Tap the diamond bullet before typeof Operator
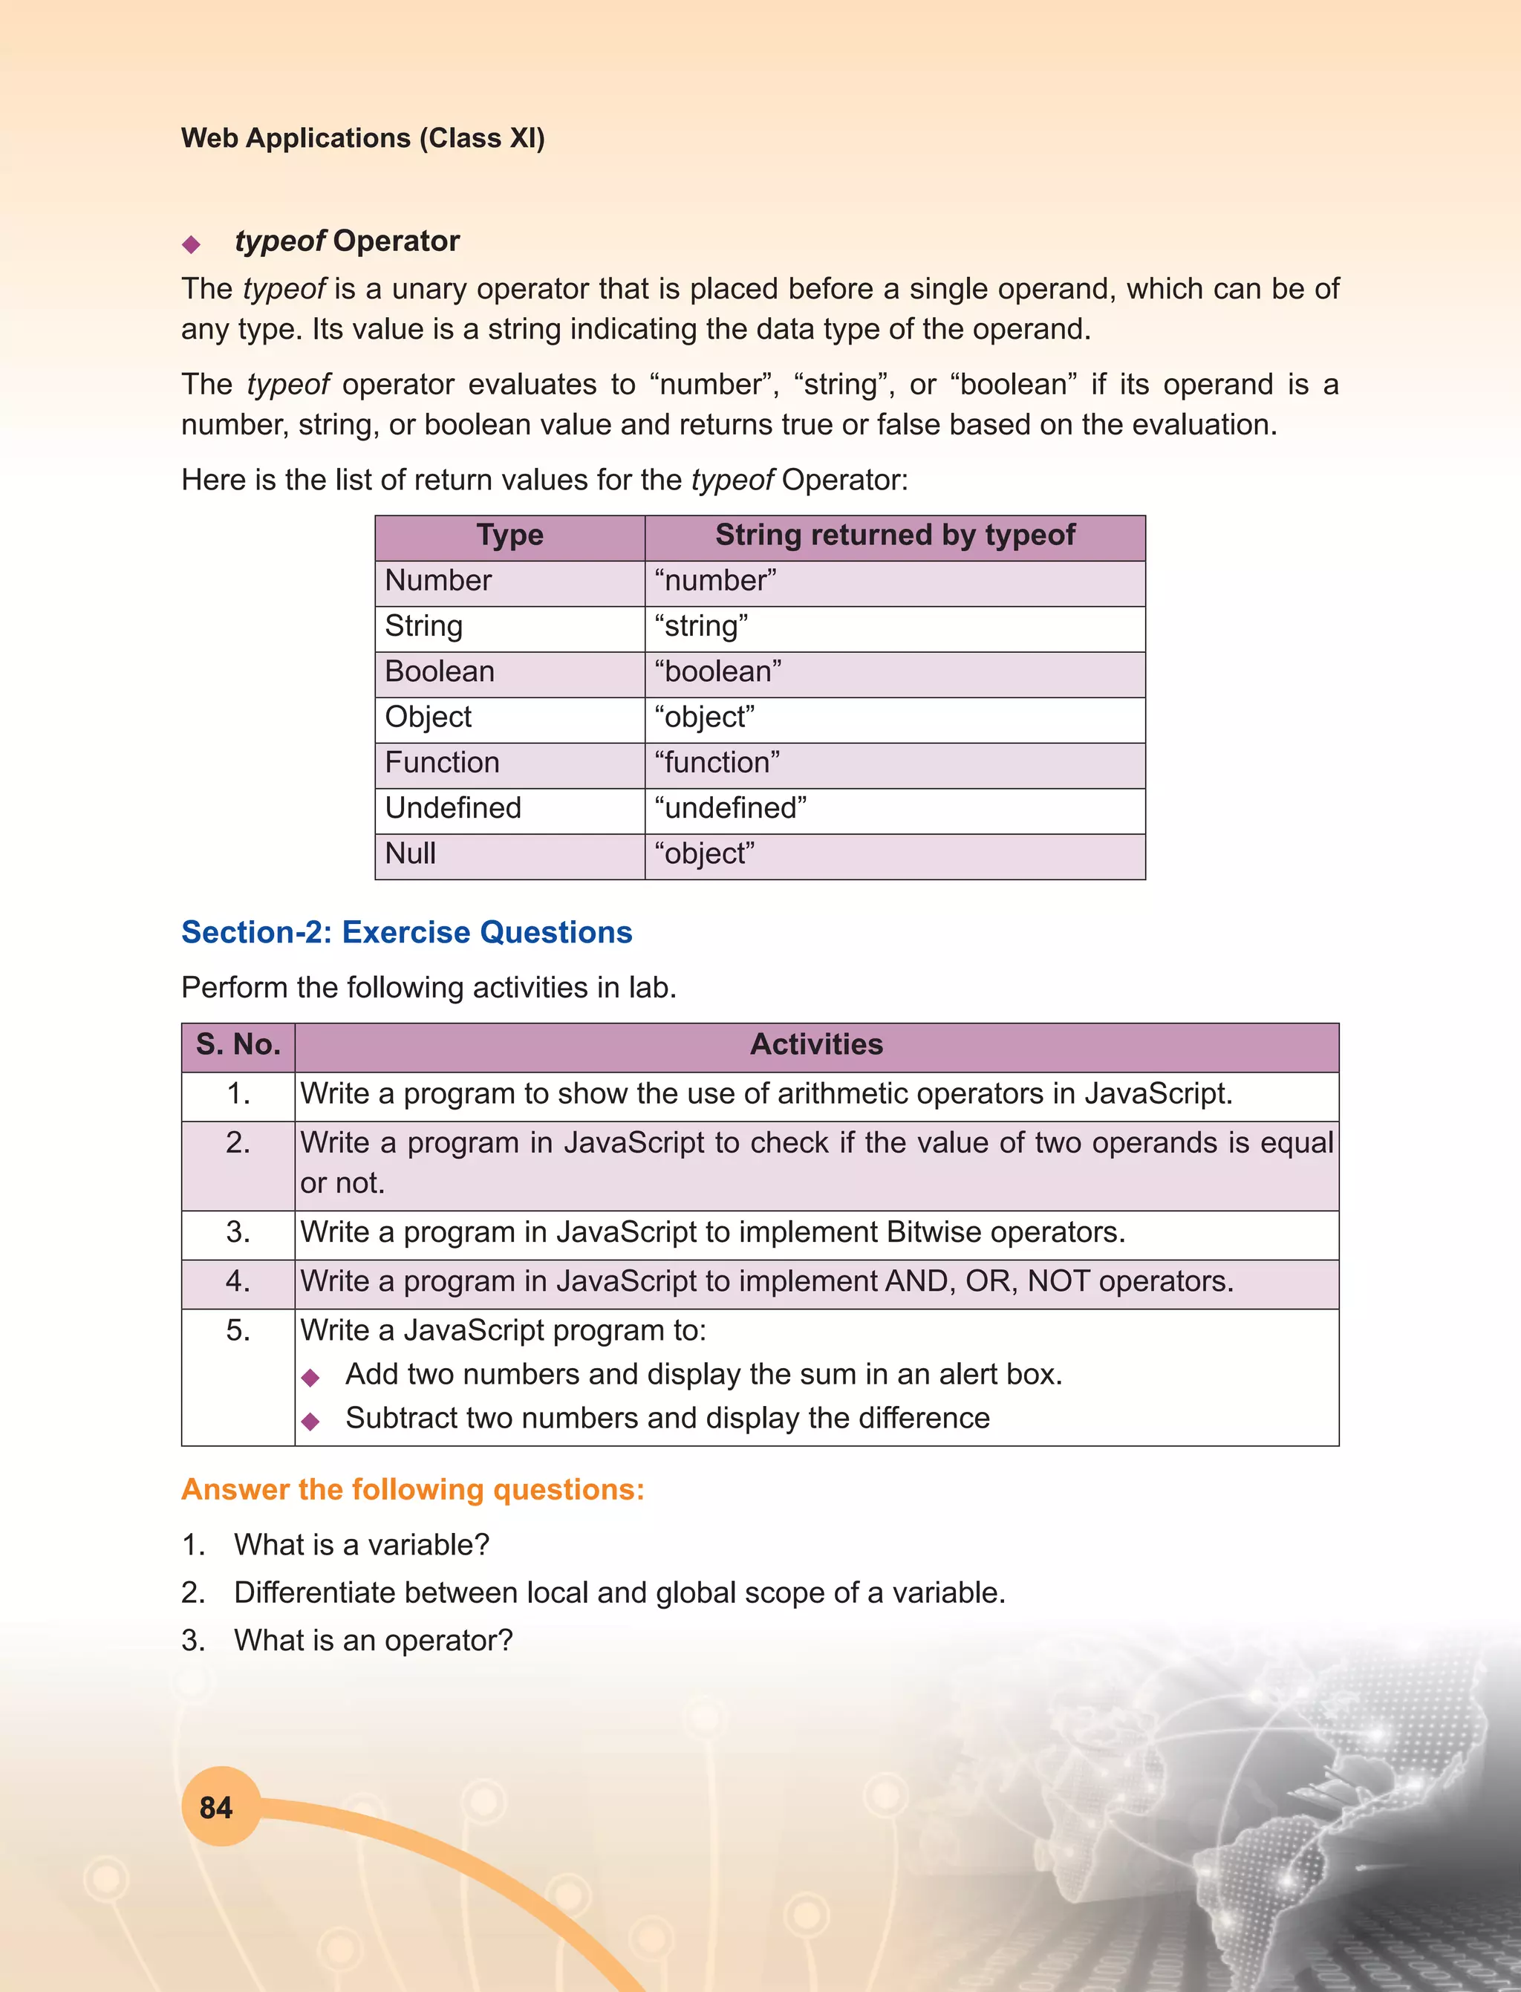[191, 244]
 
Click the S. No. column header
[238, 1044]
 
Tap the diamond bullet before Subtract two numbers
[311, 1422]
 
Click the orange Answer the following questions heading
[413, 1489]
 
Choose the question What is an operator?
[373, 1640]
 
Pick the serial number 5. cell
[238, 1330]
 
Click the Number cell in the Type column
[438, 580]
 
